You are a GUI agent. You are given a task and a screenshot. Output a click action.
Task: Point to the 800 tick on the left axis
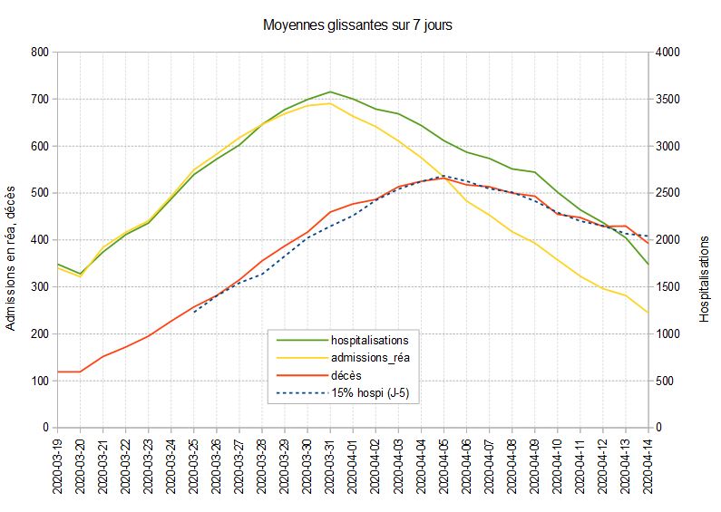tap(39, 53)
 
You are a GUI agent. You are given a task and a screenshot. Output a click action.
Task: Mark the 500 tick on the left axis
tap(39, 193)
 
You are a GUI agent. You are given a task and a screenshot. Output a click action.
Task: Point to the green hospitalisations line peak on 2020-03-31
tap(330, 92)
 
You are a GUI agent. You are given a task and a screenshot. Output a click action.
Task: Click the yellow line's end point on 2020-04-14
tap(648, 313)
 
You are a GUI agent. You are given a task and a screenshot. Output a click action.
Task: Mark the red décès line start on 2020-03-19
tap(57, 372)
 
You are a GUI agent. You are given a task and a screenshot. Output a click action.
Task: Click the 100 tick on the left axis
tap(39, 381)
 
